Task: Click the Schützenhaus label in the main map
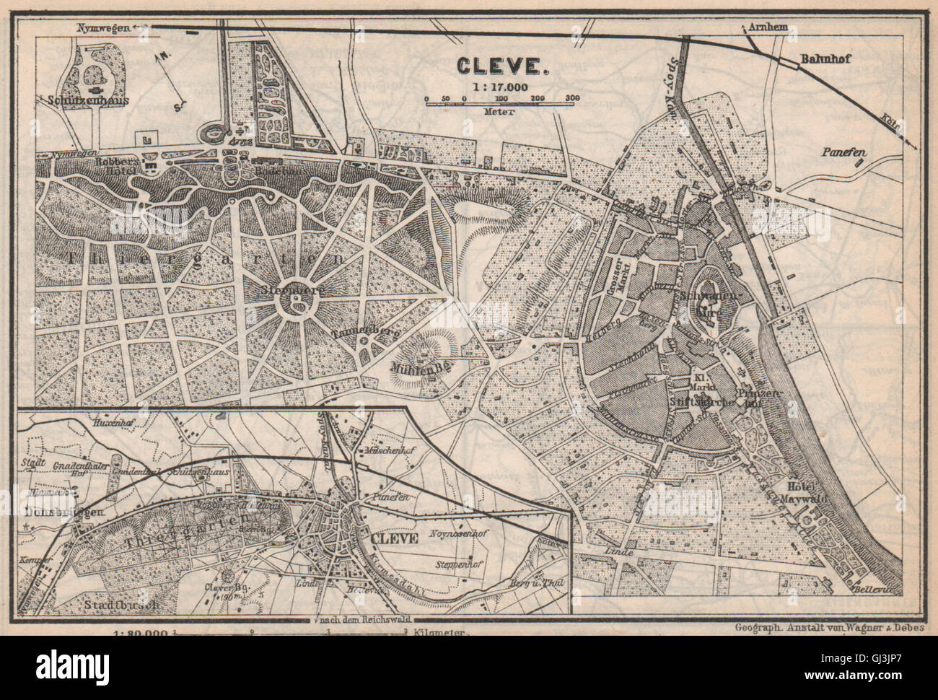pyautogui.click(x=89, y=100)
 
